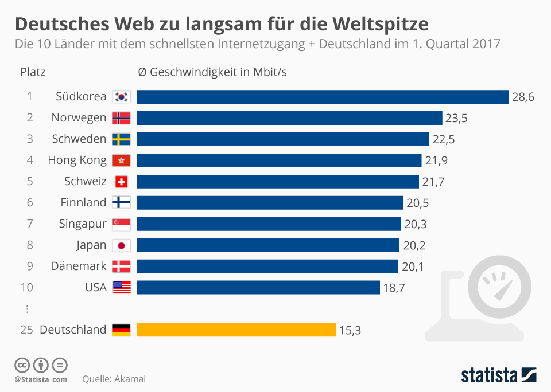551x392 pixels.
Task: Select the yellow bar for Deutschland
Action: tap(236, 330)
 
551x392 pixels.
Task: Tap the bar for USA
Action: tap(258, 287)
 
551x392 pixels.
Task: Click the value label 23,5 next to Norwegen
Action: tap(456, 119)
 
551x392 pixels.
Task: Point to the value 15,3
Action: tap(350, 330)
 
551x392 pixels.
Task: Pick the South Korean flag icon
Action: tap(122, 97)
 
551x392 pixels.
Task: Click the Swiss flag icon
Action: tap(122, 182)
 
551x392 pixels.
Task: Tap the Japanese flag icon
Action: tap(122, 245)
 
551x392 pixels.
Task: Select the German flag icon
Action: tap(122, 330)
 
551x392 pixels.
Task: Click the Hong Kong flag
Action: tap(122, 160)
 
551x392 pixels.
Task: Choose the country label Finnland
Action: tap(83, 202)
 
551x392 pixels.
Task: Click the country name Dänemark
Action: tap(79, 266)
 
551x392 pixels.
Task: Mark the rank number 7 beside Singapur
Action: tap(29, 224)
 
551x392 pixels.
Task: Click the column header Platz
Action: tap(33, 72)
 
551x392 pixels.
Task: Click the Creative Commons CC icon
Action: tap(22, 364)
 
